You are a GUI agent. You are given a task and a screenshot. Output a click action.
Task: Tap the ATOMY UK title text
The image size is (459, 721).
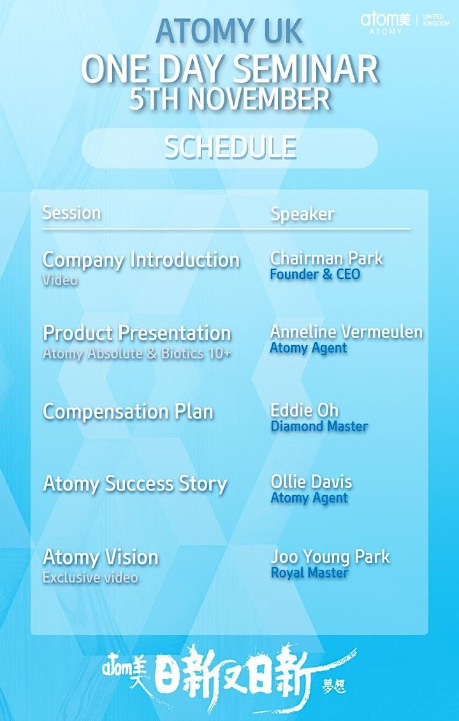tap(229, 31)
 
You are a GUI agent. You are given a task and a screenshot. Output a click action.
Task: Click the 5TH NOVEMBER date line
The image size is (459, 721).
tap(229, 100)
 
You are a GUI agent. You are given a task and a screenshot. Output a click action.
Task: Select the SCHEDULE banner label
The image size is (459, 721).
tap(230, 147)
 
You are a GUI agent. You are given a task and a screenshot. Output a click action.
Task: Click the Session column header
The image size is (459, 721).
tap(71, 212)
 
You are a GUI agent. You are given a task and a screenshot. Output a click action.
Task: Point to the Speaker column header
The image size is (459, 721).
tap(302, 214)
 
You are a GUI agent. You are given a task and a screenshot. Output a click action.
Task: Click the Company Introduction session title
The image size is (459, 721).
tap(141, 260)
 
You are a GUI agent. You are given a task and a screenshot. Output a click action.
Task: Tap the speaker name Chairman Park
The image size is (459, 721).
tap(326, 258)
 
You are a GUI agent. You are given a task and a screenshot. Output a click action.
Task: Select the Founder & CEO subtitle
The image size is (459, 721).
tap(315, 274)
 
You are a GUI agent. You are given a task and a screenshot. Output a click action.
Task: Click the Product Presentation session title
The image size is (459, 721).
tap(136, 333)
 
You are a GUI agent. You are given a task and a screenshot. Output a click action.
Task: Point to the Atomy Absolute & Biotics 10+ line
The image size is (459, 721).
tap(136, 353)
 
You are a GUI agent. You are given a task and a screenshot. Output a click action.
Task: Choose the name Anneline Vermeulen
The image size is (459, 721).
tap(346, 332)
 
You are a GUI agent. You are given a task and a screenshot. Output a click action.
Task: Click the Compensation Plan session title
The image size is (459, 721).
tap(127, 412)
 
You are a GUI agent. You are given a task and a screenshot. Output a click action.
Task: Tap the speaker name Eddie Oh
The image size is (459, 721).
tap(304, 410)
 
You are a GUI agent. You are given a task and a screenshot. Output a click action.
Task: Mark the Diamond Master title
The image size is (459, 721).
tap(319, 426)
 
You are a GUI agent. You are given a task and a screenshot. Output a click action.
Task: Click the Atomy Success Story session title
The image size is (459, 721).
tap(135, 484)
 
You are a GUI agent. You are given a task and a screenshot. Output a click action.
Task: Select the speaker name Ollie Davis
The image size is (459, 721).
tap(311, 482)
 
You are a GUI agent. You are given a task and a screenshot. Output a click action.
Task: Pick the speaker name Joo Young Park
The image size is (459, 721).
tap(330, 556)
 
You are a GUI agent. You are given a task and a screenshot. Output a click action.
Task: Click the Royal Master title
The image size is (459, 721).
tap(309, 573)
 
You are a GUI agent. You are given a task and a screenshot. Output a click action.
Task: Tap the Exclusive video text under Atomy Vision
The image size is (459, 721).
tap(90, 577)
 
